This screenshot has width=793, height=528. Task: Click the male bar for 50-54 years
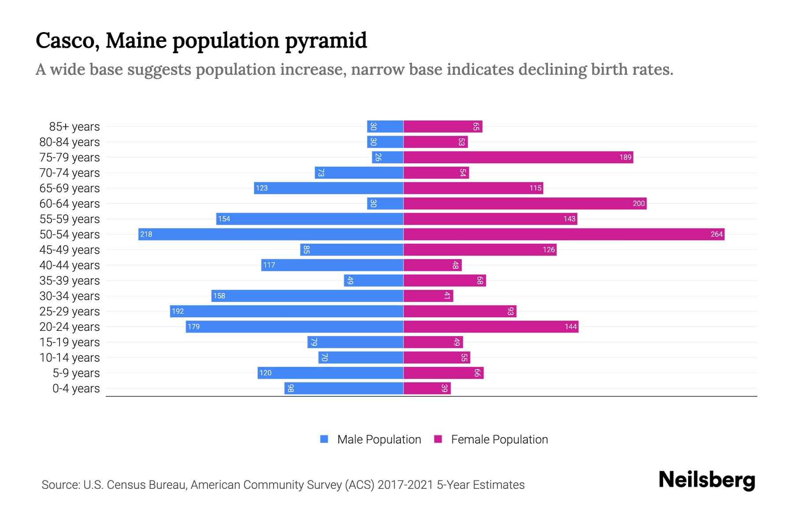(271, 234)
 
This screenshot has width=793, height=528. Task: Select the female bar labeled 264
(564, 234)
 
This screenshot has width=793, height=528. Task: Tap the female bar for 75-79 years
(518, 157)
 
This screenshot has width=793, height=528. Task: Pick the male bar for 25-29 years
(287, 311)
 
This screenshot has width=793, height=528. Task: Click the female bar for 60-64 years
(525, 203)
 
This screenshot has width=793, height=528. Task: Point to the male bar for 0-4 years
(344, 388)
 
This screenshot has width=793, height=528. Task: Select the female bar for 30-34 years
(428, 296)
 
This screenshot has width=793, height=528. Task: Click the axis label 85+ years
(74, 127)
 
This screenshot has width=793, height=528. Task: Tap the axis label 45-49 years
(70, 250)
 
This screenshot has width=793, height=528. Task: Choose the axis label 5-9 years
(76, 373)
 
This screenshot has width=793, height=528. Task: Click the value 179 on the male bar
(194, 326)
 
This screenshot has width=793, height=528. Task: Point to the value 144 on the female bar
(571, 326)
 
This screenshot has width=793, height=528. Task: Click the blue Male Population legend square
(324, 439)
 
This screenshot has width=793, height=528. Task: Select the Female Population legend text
(499, 440)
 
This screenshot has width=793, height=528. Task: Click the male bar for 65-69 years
(329, 188)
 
